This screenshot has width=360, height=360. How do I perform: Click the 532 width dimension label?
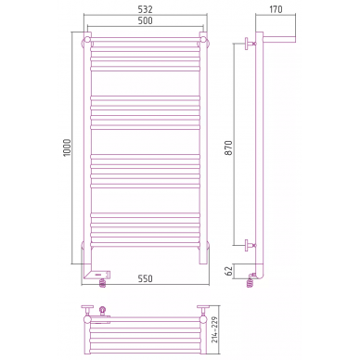pyautogui.click(x=145, y=9)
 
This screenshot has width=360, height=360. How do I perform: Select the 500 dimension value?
pyautogui.click(x=145, y=20)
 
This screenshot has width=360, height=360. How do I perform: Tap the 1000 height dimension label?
pyautogui.click(x=67, y=148)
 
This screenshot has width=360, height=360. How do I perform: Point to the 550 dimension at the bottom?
pyautogui.click(x=145, y=278)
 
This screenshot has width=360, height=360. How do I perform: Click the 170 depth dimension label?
pyautogui.click(x=276, y=9)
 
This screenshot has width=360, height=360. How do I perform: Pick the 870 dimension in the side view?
pyautogui.click(x=228, y=148)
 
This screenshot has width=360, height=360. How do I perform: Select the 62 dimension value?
pyautogui.click(x=228, y=271)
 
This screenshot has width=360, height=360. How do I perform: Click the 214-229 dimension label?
pyautogui.click(x=214, y=329)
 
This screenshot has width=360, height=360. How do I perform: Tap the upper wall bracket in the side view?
pyautogui.click(x=250, y=44)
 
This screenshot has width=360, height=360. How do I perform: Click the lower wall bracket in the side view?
pyautogui.click(x=250, y=245)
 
